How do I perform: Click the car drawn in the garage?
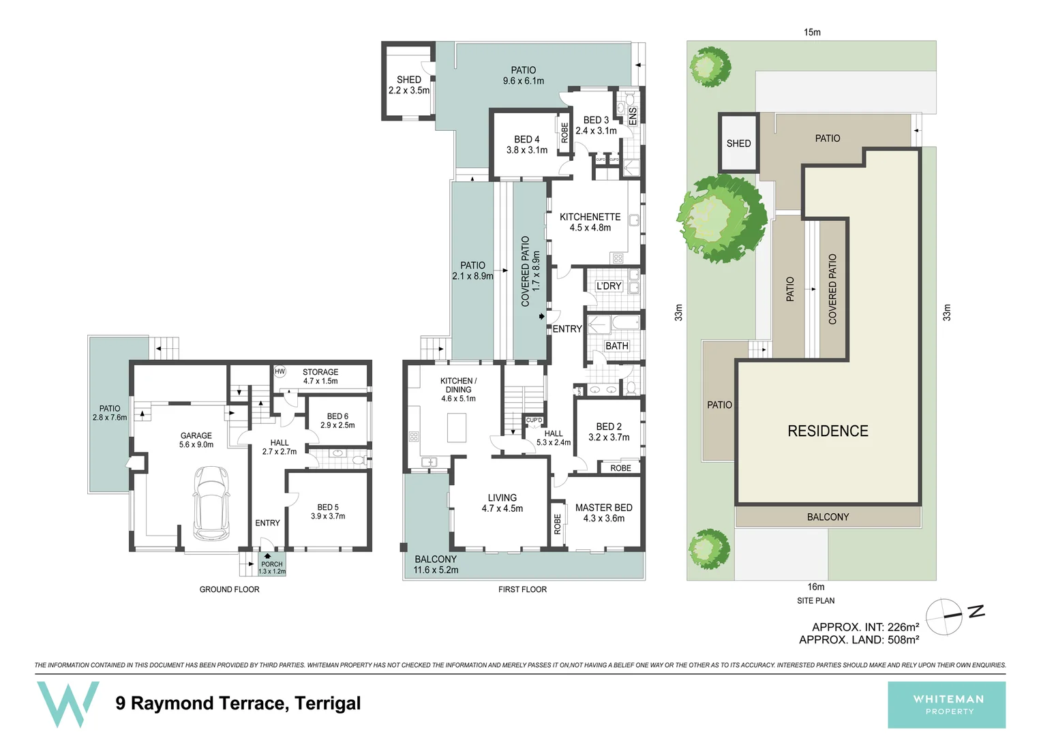click(211, 502)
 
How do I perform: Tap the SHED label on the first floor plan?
click(409, 80)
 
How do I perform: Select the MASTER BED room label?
click(603, 508)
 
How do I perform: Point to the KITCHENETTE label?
click(590, 217)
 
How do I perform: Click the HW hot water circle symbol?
click(280, 371)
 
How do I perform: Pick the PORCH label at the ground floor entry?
click(271, 564)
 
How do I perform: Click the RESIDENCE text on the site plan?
click(828, 431)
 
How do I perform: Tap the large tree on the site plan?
click(722, 219)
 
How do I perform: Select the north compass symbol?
click(945, 616)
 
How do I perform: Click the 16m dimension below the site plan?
click(815, 587)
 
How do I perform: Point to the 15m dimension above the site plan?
click(812, 32)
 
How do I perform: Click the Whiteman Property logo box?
click(946, 705)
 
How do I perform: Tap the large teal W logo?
click(67, 703)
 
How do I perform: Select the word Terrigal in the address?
click(328, 703)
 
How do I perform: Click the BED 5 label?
click(328, 507)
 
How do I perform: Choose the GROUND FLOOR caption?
click(229, 589)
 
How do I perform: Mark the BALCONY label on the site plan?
click(828, 517)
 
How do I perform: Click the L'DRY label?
click(609, 286)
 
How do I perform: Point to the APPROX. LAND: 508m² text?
click(859, 640)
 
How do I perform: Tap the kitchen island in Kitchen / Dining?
click(456, 427)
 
